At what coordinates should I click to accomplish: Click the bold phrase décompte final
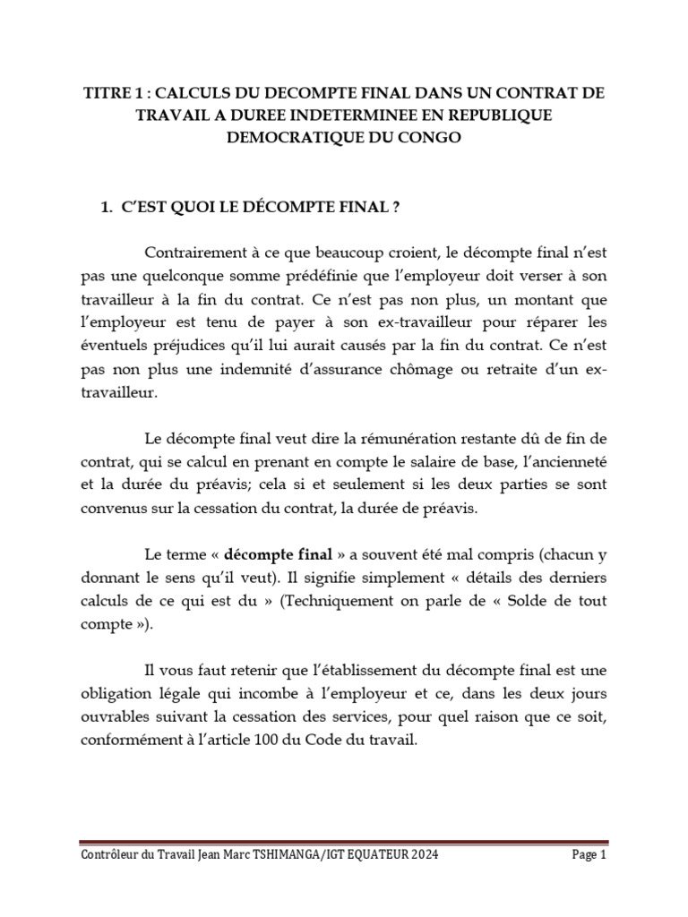271,550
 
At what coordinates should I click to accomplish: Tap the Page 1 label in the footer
590,856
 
